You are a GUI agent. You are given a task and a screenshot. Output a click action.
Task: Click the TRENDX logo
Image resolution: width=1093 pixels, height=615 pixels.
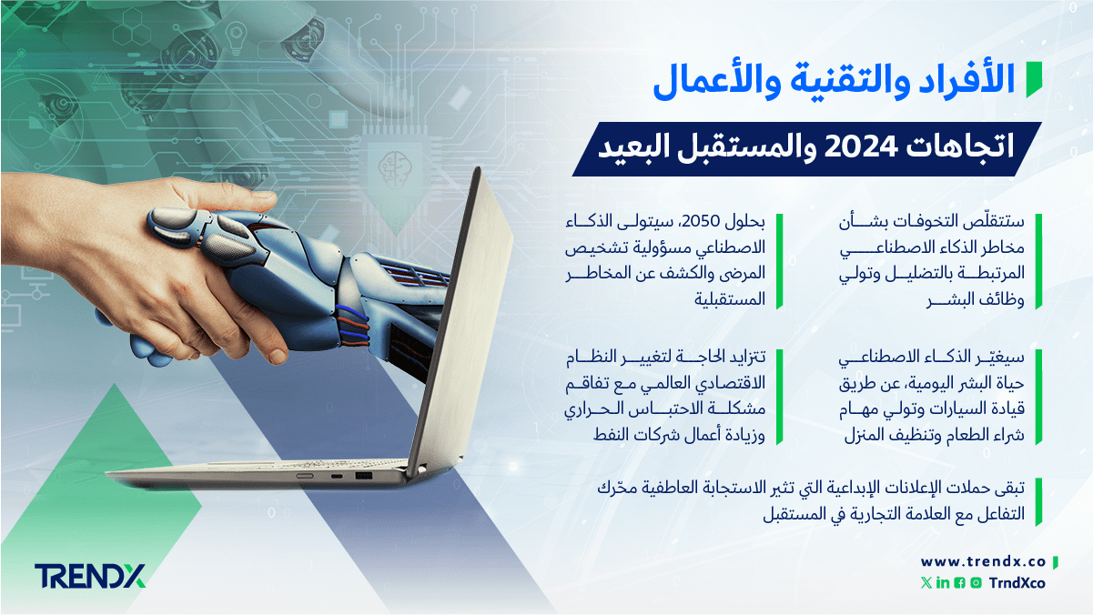[x=90, y=576]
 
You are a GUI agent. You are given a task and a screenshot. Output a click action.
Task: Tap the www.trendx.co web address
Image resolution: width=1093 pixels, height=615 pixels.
[x=983, y=562]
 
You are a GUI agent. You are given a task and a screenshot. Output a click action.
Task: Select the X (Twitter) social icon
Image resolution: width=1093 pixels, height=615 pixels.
[x=926, y=583]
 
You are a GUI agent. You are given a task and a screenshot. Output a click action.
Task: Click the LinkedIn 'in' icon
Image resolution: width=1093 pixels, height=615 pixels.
[x=943, y=583]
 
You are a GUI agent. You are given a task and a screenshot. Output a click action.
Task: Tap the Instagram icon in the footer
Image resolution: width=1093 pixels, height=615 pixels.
[x=977, y=583]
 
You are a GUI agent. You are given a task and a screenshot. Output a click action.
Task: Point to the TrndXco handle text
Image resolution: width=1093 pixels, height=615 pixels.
[x=1017, y=583]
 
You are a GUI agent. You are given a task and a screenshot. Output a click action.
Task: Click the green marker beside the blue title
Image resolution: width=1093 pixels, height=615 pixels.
[x=1034, y=80]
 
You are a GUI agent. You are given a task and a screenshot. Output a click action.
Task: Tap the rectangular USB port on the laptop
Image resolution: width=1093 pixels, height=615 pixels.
[x=363, y=476]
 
